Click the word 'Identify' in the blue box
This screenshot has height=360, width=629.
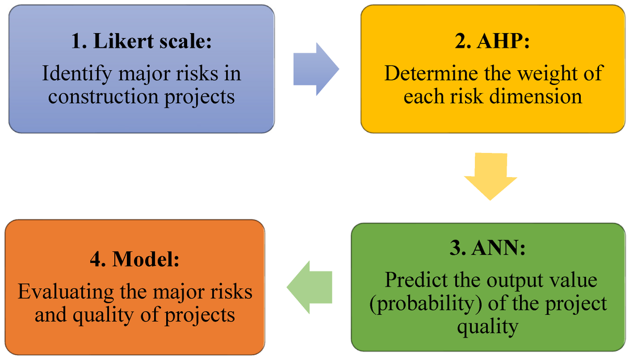click(77, 74)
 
